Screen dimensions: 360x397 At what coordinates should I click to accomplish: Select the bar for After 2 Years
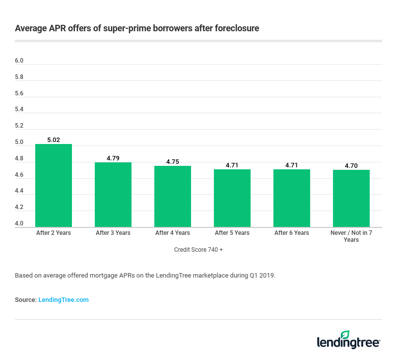[x=54, y=185]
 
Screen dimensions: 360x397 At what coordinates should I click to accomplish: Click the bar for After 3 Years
[x=113, y=195]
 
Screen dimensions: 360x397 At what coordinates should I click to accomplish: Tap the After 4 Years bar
[x=173, y=196]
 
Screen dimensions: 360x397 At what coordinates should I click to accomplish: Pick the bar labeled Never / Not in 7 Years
[x=351, y=198]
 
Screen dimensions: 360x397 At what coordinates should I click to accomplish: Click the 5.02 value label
[x=54, y=140]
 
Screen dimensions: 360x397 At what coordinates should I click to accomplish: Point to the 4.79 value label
[x=113, y=158]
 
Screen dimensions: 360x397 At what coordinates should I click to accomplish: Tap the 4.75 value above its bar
[x=173, y=162]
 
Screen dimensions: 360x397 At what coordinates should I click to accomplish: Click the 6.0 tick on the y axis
[x=19, y=61]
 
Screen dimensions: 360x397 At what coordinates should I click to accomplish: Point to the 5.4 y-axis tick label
[x=19, y=109]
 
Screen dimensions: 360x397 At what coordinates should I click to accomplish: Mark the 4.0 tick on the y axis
[x=19, y=223]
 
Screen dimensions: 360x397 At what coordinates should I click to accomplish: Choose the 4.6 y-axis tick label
[x=19, y=175]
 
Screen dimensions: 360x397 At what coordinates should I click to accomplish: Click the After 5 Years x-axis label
[x=232, y=233]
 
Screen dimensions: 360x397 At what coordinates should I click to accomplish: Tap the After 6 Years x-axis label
[x=292, y=233]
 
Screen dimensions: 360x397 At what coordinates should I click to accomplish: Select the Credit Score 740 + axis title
[x=198, y=250]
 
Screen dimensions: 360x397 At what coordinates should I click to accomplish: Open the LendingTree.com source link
[x=64, y=300]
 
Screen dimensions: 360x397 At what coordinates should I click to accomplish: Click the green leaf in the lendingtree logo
[x=345, y=335]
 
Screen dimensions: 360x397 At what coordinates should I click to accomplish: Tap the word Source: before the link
[x=25, y=300]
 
